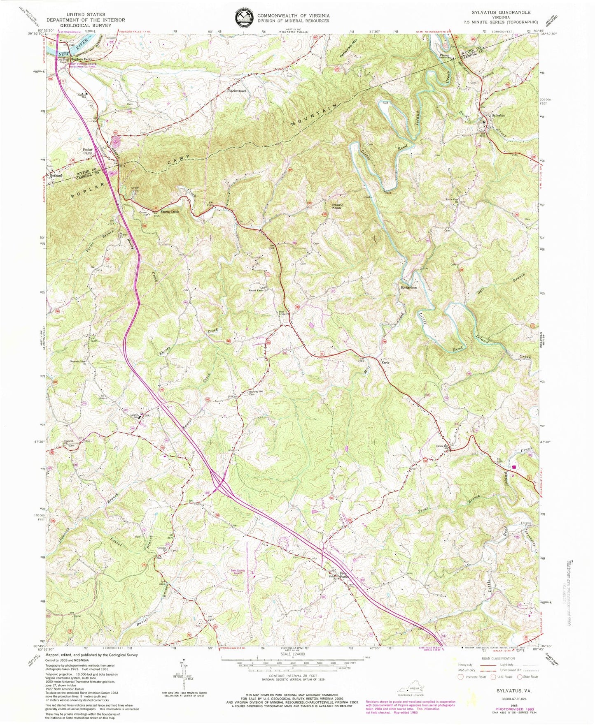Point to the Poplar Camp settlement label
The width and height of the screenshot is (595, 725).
click(88, 151)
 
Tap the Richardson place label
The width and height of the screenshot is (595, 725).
click(409, 287)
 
